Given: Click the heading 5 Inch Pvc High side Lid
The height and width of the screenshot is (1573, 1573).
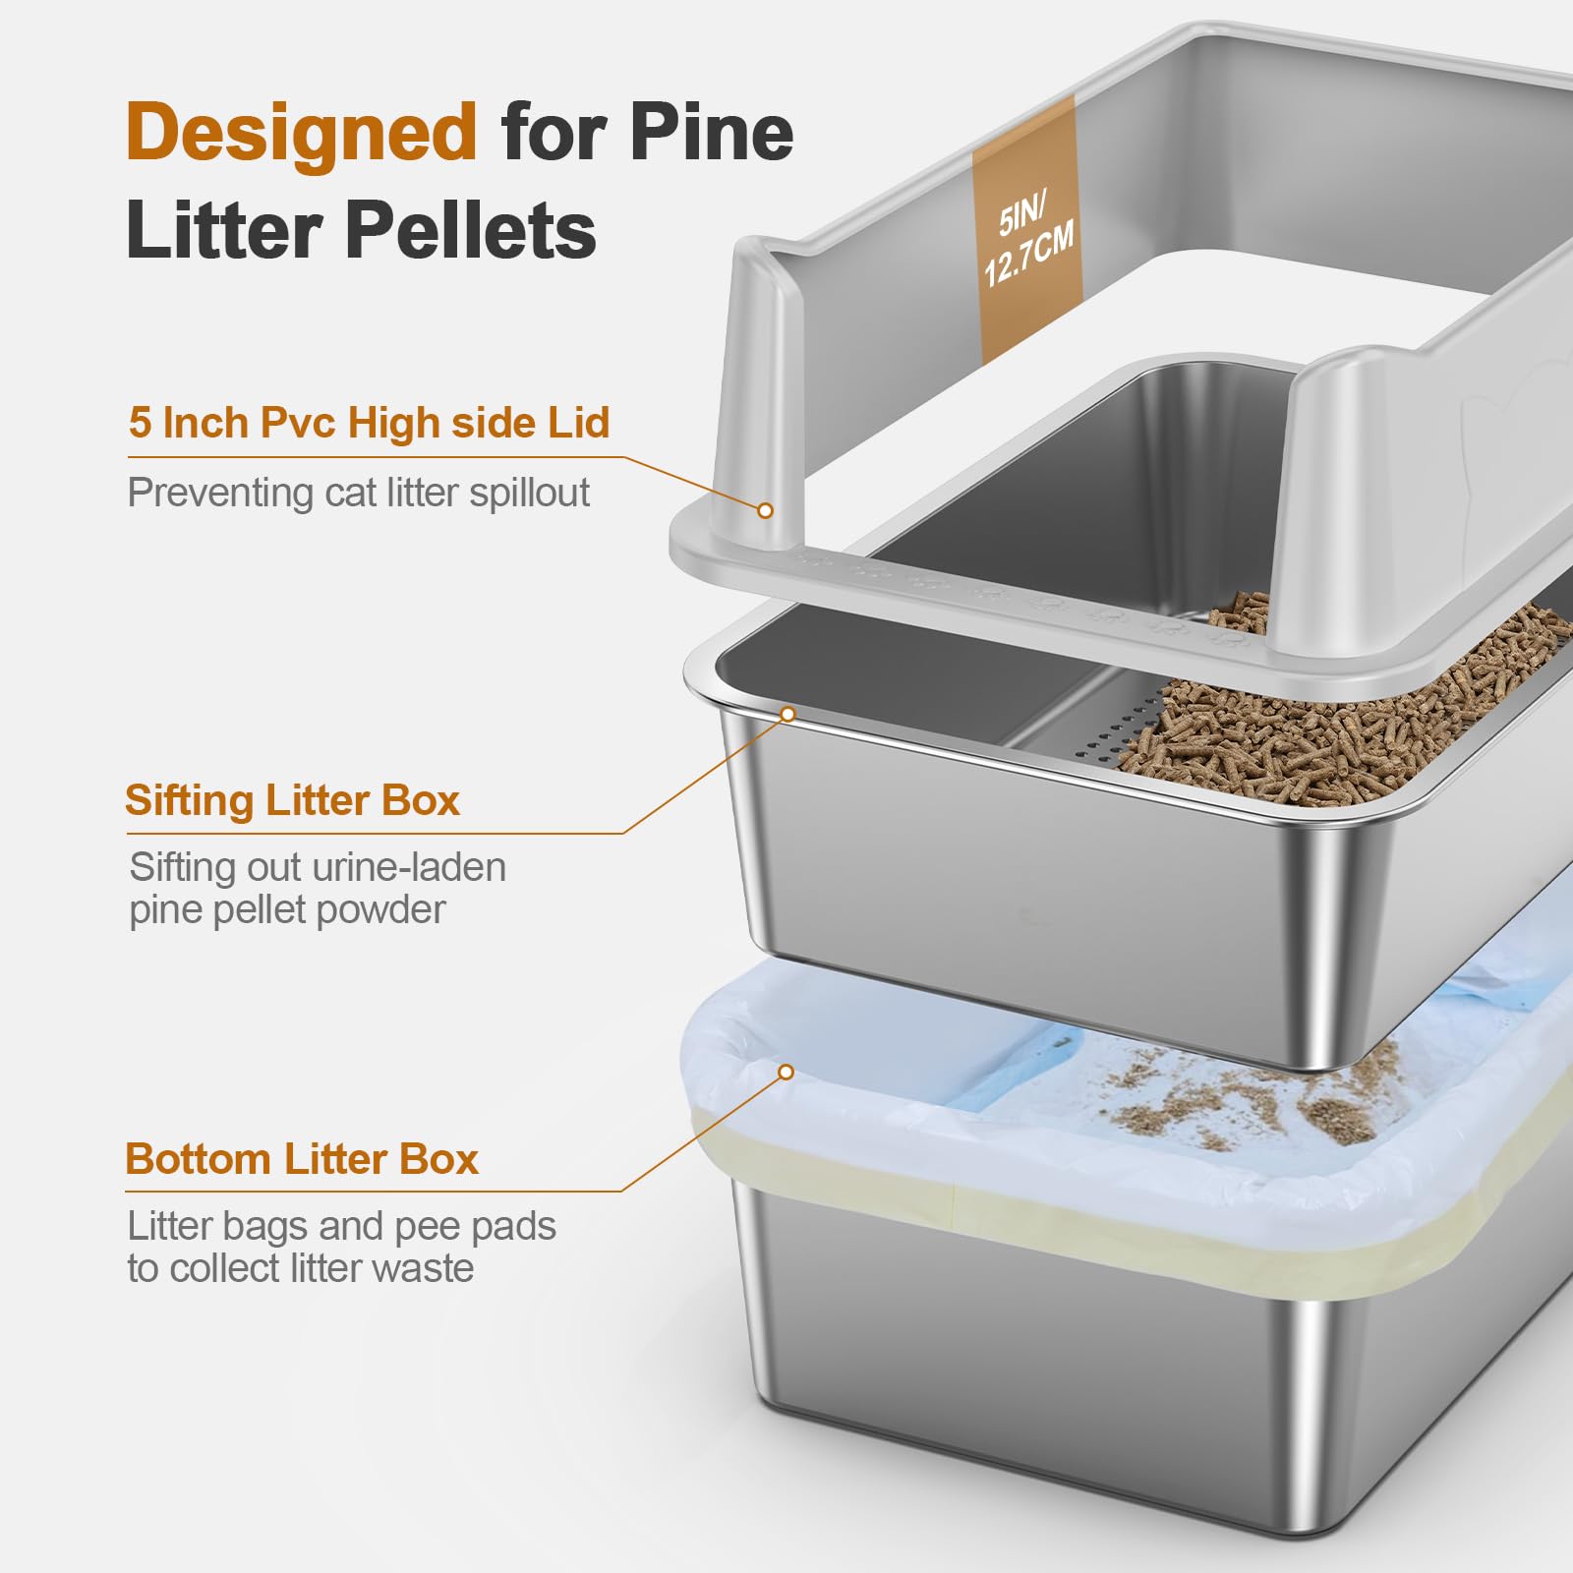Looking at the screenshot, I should pyautogui.click(x=369, y=423).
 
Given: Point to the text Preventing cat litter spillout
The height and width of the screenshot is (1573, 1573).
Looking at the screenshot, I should pyautogui.click(x=358, y=493).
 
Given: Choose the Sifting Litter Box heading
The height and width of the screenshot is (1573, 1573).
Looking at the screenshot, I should pyautogui.click(x=292, y=800).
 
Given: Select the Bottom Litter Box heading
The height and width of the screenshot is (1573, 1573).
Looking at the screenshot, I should pyautogui.click(x=301, y=1159).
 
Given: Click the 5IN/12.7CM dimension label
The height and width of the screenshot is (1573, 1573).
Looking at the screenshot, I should pyautogui.click(x=1028, y=240).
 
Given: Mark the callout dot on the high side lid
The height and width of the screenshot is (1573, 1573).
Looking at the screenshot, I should pyautogui.click(x=765, y=510).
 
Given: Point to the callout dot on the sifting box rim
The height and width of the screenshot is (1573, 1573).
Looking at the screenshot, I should pyautogui.click(x=787, y=714).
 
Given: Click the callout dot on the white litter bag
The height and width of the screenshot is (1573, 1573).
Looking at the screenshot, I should pyautogui.click(x=786, y=1072).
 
